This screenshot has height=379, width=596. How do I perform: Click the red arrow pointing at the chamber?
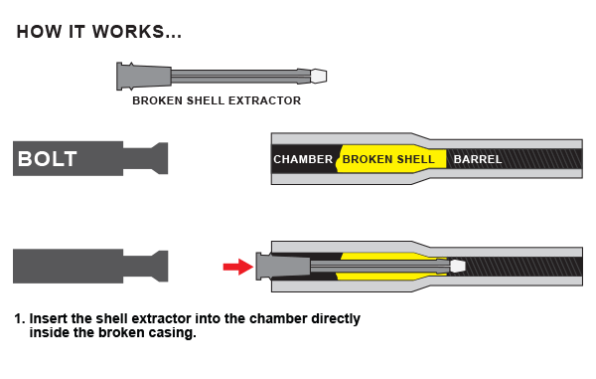click(x=237, y=266)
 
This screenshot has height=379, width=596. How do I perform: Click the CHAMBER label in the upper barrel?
click(x=303, y=159)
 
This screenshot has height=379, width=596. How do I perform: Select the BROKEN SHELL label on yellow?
click(x=388, y=159)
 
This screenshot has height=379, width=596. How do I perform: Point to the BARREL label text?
click(x=478, y=159)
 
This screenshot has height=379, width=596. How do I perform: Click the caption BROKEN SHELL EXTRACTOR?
click(x=217, y=100)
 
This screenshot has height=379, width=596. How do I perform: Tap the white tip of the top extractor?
click(x=319, y=76)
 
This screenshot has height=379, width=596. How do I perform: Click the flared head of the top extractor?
click(x=126, y=76)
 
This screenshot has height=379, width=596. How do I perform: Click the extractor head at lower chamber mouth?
click(x=265, y=267)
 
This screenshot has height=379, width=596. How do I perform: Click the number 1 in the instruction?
click(x=18, y=319)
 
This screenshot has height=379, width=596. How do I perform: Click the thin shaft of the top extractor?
click(x=238, y=76)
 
